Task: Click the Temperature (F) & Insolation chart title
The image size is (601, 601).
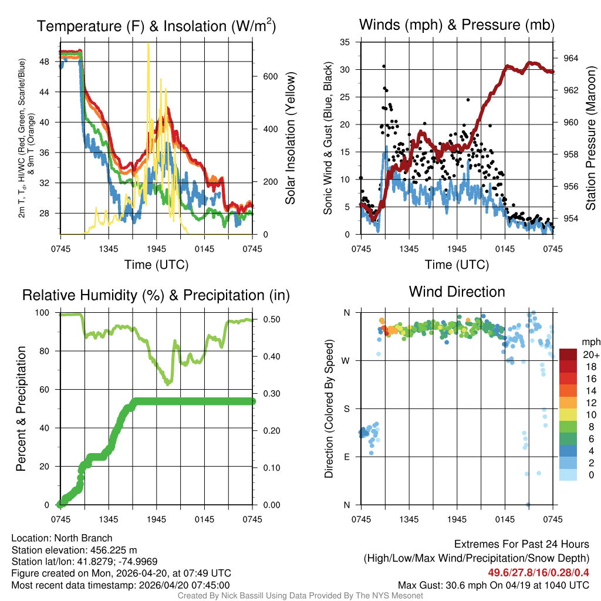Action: (x=156, y=26)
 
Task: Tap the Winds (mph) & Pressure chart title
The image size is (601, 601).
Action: (x=457, y=25)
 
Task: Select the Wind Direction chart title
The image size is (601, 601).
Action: (x=457, y=292)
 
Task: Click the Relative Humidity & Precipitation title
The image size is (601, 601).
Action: (x=156, y=295)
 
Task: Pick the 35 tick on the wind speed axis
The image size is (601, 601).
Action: (x=345, y=42)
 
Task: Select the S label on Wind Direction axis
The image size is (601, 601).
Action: (x=346, y=408)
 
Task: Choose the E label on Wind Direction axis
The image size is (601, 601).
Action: (x=346, y=457)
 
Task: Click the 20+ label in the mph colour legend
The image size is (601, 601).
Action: (x=591, y=355)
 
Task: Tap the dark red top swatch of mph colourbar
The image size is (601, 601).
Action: (x=568, y=354)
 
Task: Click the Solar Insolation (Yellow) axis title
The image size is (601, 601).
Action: (x=290, y=138)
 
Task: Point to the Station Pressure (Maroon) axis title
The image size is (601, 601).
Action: (x=590, y=138)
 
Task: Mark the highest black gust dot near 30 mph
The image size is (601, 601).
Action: (x=384, y=66)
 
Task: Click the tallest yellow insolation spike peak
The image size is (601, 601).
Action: (x=148, y=44)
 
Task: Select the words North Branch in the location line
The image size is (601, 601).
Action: (x=84, y=538)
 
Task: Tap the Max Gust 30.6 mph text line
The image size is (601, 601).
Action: (x=493, y=585)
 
